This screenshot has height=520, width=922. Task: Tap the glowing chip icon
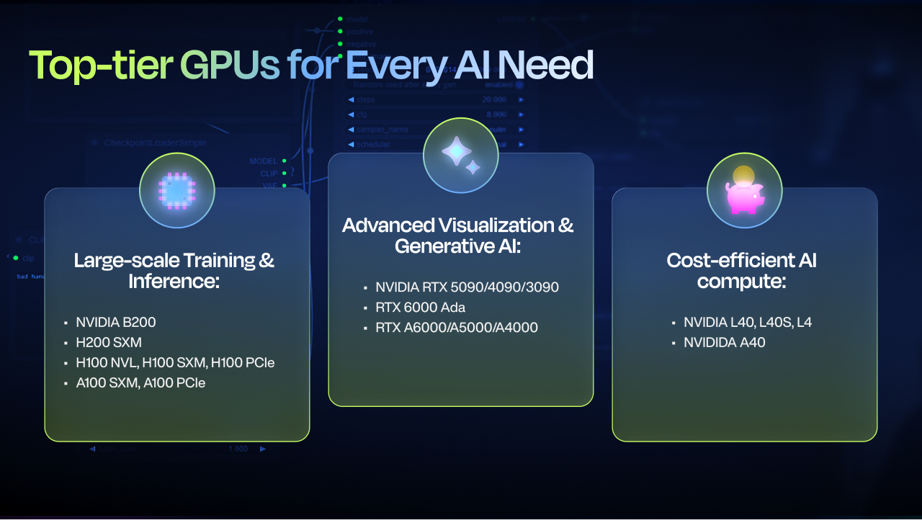click(176, 191)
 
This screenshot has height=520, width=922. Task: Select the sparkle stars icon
click(460, 156)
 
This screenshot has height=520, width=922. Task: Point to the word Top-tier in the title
click(100, 66)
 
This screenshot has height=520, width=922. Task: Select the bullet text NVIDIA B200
click(115, 322)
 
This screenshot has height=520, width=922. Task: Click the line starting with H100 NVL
click(175, 362)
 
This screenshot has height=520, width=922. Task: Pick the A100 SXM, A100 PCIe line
click(140, 382)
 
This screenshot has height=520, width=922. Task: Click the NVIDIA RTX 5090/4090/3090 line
click(467, 287)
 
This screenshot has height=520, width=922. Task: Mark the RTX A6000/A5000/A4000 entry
click(456, 328)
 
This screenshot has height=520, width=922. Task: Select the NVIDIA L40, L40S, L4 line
click(748, 322)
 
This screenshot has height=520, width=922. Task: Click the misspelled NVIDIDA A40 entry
click(724, 342)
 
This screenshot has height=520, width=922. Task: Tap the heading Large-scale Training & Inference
click(174, 270)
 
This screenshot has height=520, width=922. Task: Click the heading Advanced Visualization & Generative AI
click(458, 235)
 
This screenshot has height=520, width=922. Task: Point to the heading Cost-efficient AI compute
click(741, 270)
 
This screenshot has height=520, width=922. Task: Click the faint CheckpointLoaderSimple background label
click(155, 143)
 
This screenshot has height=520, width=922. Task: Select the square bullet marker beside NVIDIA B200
click(66, 323)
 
